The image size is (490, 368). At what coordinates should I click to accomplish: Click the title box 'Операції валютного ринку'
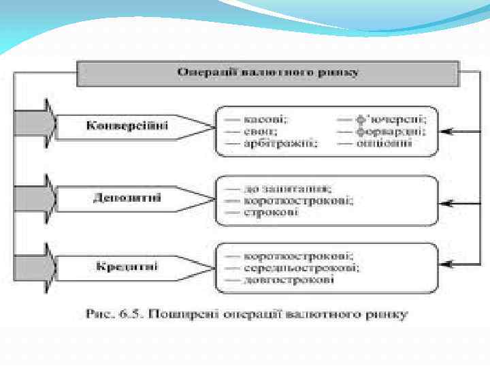coord(268,72)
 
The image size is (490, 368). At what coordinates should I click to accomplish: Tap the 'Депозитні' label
coord(127,198)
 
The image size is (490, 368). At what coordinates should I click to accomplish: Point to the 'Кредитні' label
coord(127,266)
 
